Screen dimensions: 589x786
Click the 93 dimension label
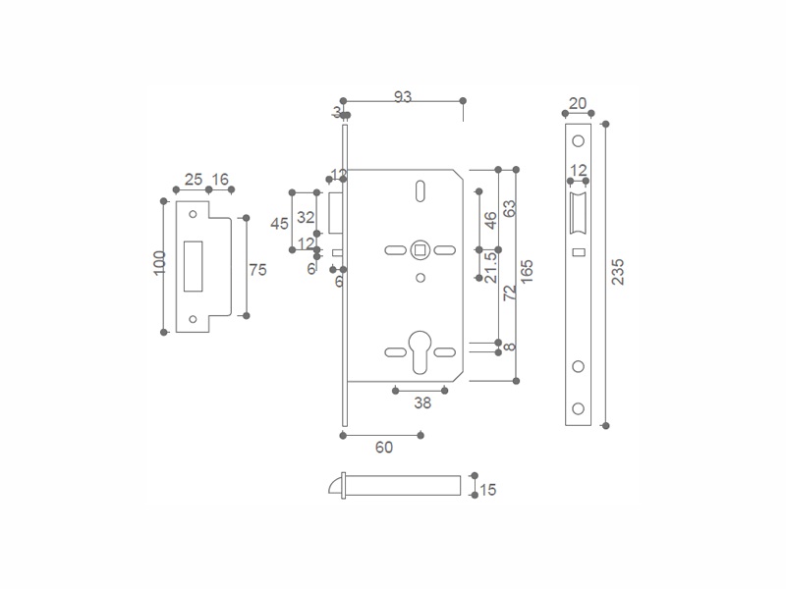pos(402,96)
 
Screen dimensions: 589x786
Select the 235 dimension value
pos(617,273)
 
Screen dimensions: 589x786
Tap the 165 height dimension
pos(527,272)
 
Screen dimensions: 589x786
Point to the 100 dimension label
pos(159,263)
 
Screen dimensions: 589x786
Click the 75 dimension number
pos(258,270)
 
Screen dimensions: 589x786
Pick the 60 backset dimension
pos(384,448)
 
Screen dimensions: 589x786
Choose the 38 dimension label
pos(421,402)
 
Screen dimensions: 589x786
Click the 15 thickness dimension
pos(487,489)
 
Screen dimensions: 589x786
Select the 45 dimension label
pos(279,223)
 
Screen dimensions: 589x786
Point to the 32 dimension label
pos(306,217)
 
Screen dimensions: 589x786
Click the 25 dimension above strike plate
pos(193,179)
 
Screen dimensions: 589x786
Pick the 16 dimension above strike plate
pos(219,179)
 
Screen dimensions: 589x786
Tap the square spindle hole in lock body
pos(420,249)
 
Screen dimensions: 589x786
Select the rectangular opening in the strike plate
pos(193,266)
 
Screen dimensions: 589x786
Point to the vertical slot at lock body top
pos(420,190)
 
